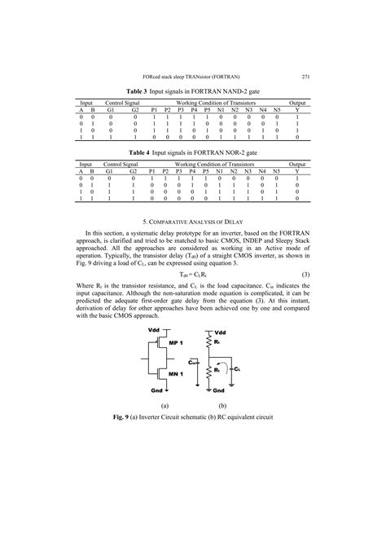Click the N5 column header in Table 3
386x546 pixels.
point(277,112)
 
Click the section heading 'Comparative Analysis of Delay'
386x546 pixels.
point(193,221)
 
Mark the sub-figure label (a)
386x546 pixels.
point(164,405)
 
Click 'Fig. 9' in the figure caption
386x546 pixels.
point(124,416)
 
